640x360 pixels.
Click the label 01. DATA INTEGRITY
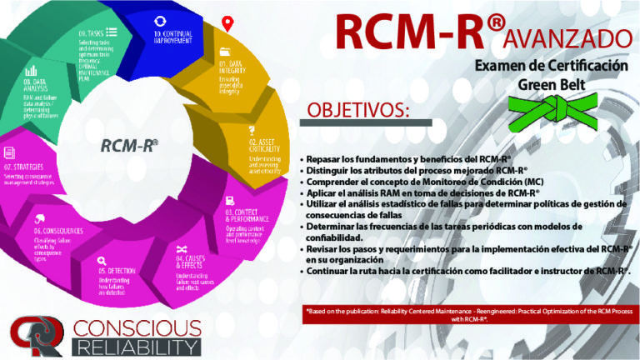coord(232,67)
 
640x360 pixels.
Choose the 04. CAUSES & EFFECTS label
coord(194,263)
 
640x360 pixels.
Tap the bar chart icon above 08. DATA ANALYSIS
coord(32,71)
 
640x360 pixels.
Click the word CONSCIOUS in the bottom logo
coord(136,327)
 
